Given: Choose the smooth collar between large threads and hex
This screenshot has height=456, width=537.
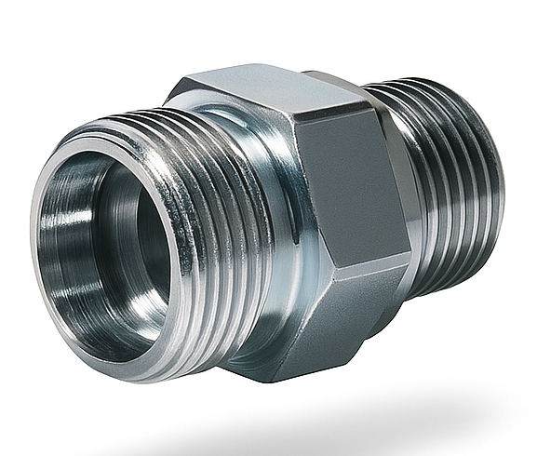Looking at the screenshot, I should (279, 233).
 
